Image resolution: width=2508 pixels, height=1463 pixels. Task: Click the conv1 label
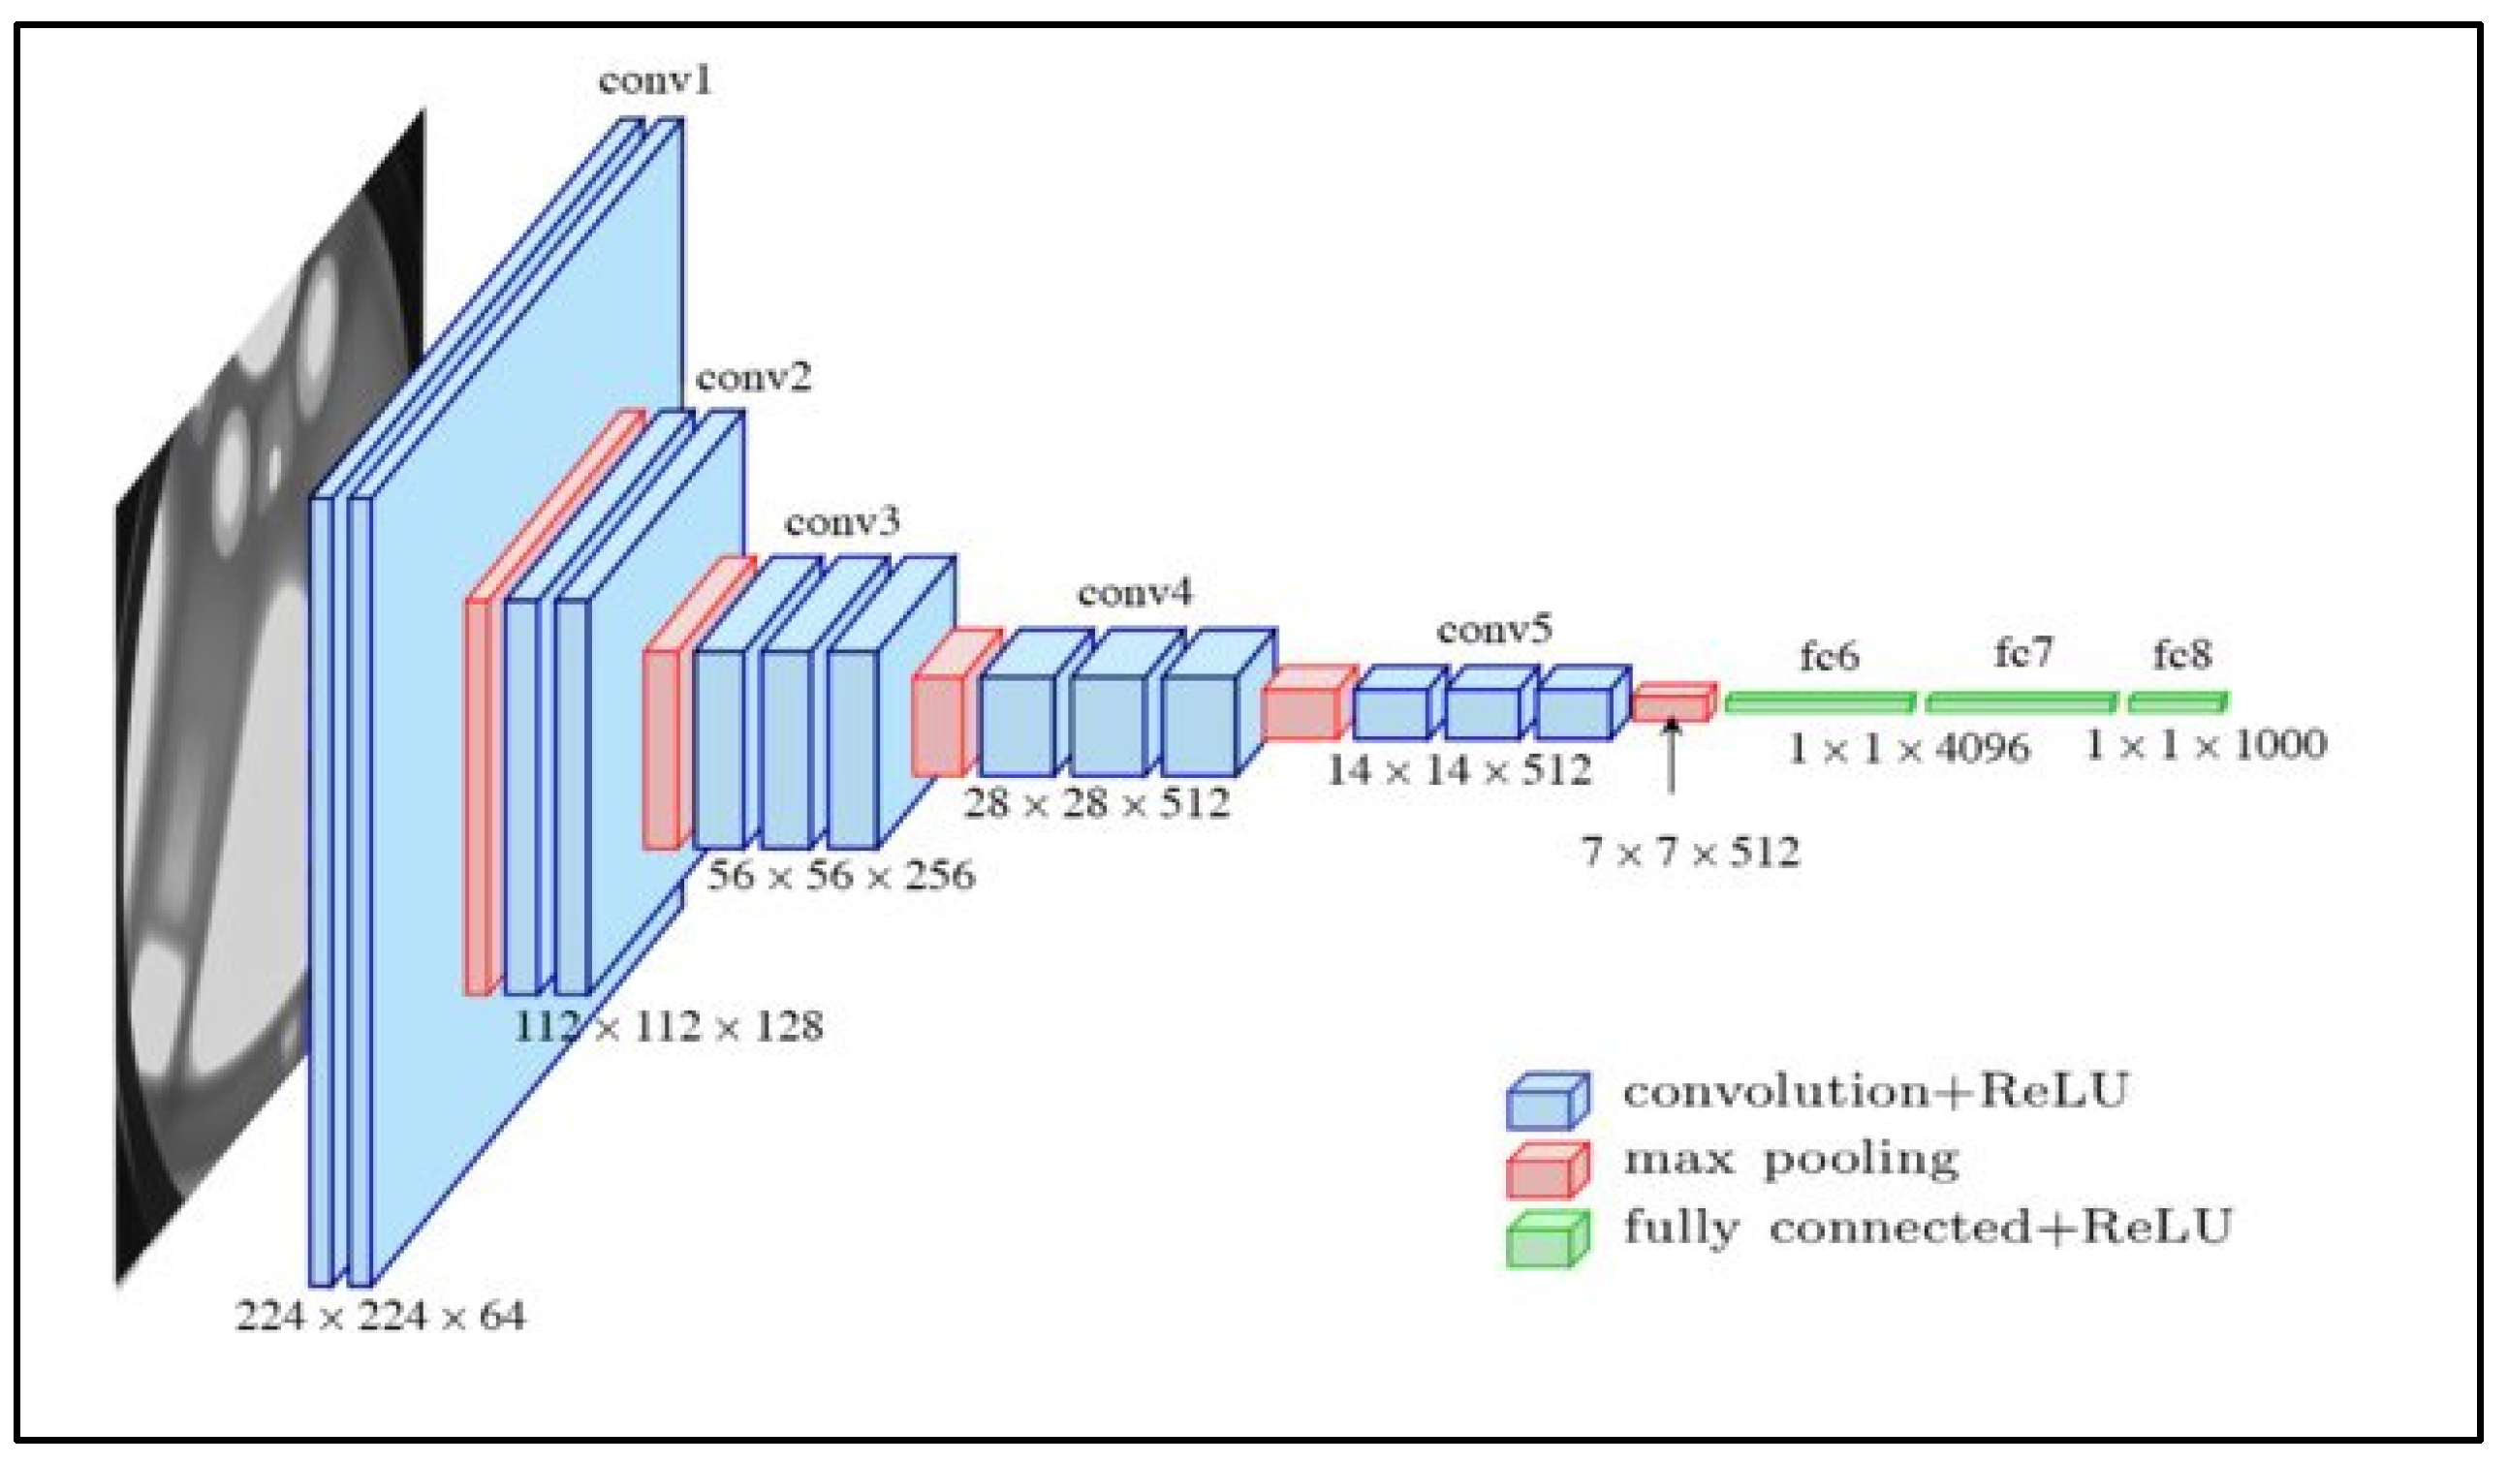coord(655,81)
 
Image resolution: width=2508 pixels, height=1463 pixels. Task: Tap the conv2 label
coord(753,378)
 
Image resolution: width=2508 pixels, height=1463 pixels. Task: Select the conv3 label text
coord(842,522)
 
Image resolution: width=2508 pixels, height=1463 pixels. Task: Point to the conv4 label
coord(1135,594)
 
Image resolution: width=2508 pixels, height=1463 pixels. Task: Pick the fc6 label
coord(1829,657)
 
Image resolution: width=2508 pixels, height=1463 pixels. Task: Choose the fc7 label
coord(2023,654)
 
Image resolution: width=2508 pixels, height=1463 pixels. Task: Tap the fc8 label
coord(2182,656)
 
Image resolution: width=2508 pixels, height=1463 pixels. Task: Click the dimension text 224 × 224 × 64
coord(380,1317)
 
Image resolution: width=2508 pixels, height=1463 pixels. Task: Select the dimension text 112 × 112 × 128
coord(669,1026)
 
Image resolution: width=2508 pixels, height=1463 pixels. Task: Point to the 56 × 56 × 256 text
coord(841,876)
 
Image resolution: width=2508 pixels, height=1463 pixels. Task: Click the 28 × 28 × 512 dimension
coord(1097,803)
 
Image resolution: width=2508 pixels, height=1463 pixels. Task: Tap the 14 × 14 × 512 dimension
coord(1459,769)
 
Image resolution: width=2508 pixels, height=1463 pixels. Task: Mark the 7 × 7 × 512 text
coord(1691,853)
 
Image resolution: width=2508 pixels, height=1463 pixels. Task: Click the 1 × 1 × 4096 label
coord(1908,748)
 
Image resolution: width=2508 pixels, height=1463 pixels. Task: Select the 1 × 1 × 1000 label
coord(2206,744)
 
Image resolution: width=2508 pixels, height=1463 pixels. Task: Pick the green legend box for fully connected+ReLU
coord(1547,1240)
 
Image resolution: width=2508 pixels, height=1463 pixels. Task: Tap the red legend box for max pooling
coord(1547,1169)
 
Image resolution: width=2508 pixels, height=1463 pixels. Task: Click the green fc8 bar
coord(2177,703)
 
